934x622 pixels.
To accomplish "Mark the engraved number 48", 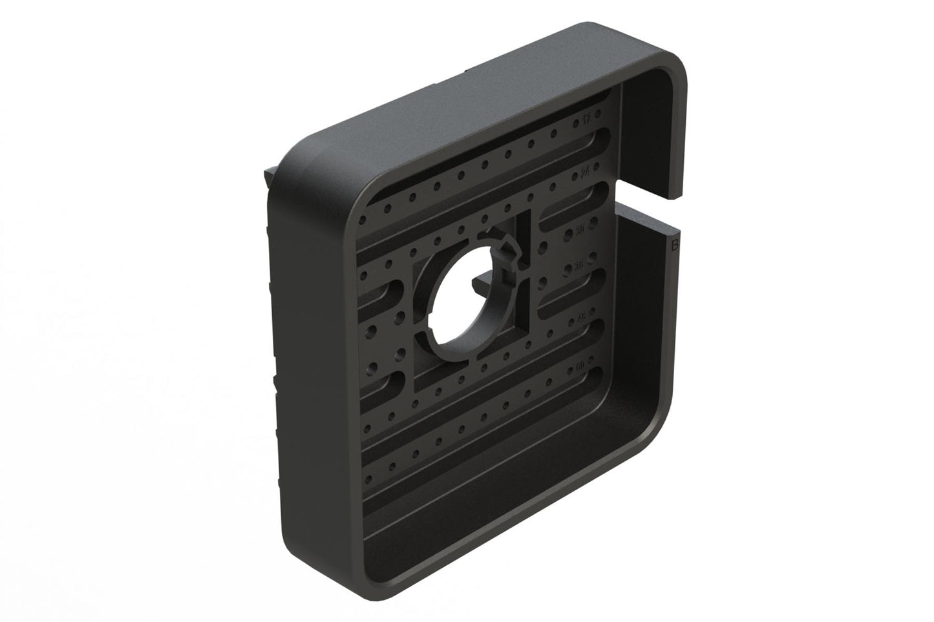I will coord(580,318).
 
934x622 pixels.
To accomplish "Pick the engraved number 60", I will coord(579,367).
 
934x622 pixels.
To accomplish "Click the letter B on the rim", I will coord(674,245).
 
